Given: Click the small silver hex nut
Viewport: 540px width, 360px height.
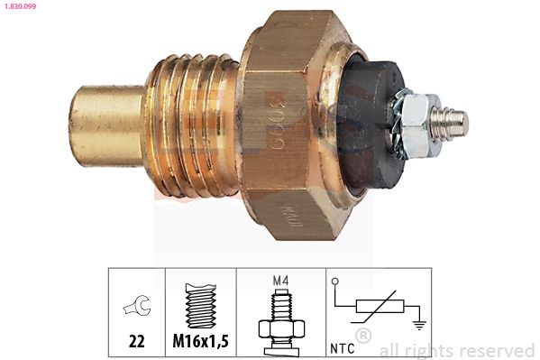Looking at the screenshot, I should [x=417, y=122].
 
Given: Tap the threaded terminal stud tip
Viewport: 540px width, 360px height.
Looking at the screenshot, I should [x=455, y=119].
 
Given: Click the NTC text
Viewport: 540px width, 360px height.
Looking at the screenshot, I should [x=343, y=345].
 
